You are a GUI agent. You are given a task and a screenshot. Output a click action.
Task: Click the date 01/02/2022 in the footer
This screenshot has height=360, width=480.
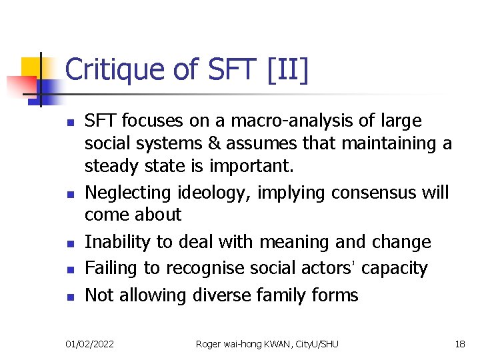[x=89, y=343]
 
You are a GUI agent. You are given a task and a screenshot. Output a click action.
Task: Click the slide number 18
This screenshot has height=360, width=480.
[x=459, y=343]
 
